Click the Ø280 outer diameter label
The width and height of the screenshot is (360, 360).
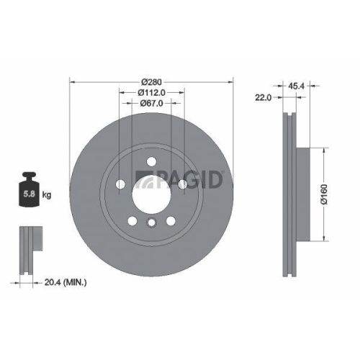pos(151,81)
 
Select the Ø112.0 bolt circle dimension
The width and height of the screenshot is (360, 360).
pos(151,91)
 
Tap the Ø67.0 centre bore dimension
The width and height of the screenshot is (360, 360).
pos(151,102)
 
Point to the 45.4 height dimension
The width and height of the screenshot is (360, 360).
pos(294,85)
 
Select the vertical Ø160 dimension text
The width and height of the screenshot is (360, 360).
pos(325,194)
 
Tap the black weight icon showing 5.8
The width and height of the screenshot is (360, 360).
pos(30,191)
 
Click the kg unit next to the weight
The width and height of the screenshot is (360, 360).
pos(48,194)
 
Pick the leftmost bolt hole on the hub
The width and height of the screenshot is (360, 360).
pos(120,185)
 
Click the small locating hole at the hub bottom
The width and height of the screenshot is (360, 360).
pos(151,222)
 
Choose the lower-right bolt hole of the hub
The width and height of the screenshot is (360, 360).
pos(171,220)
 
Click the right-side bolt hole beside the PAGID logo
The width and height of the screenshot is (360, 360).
pos(183,185)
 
